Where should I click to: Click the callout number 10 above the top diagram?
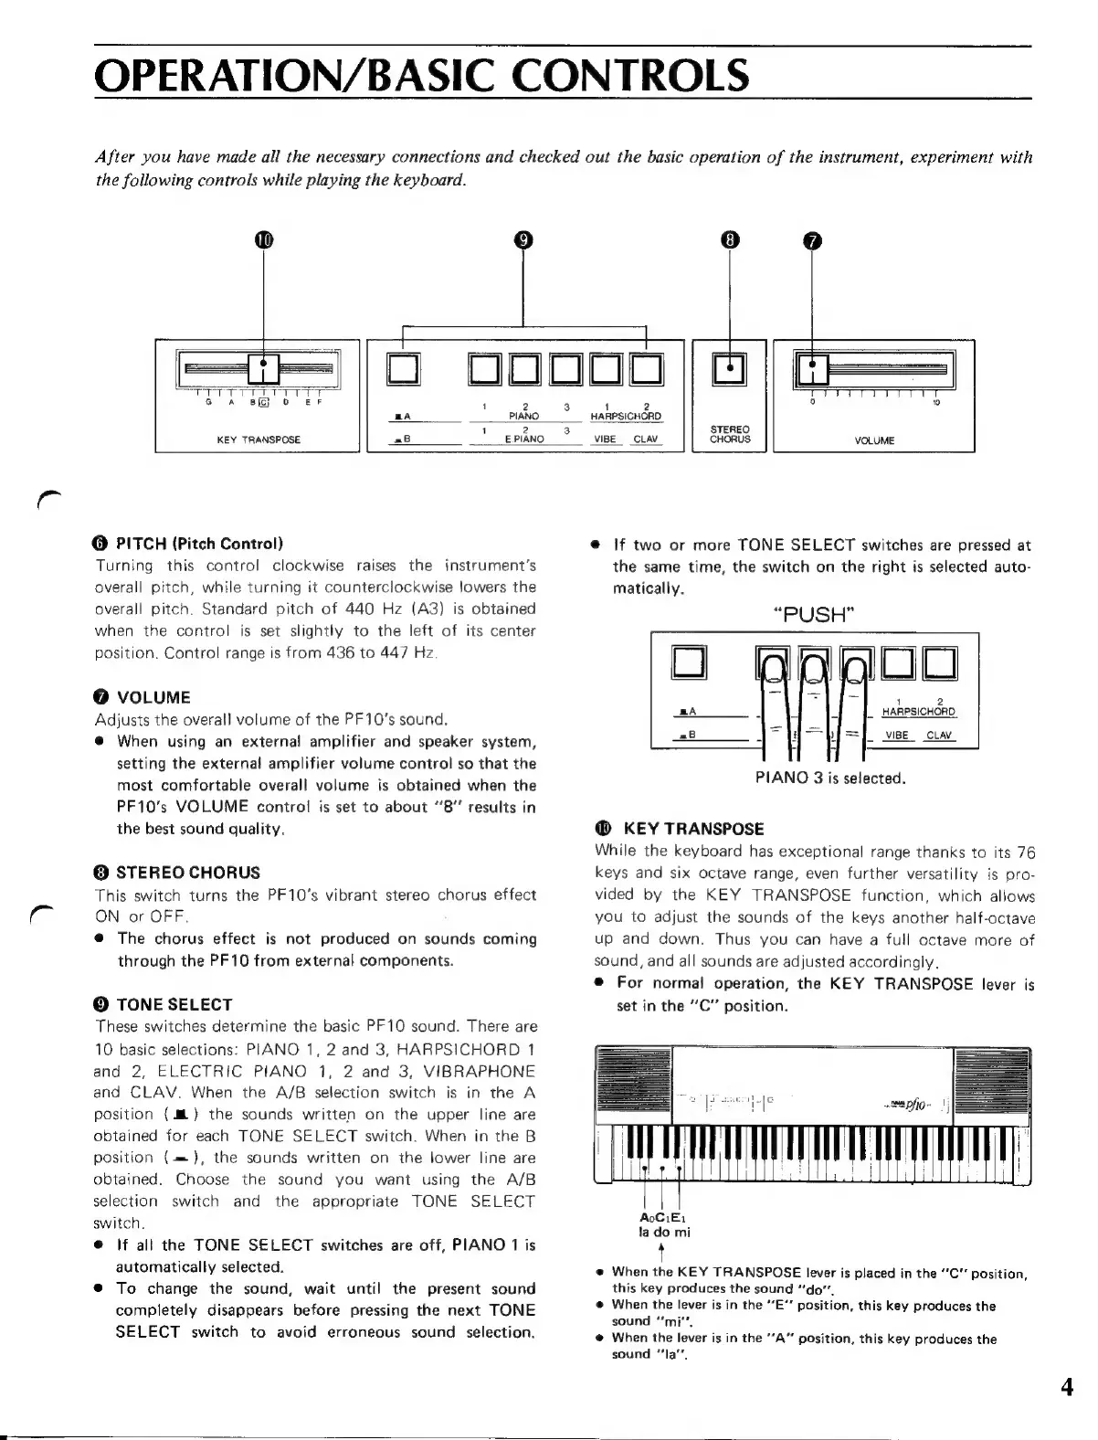[263, 240]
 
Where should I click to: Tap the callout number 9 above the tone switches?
[523, 240]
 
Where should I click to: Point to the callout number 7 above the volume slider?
[811, 240]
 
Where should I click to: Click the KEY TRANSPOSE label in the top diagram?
[259, 439]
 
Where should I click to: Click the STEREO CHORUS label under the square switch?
[730, 434]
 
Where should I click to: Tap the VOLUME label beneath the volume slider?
[874, 440]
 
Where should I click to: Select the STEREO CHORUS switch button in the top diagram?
[730, 368]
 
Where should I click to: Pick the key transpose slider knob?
[264, 368]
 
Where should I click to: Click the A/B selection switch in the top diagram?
[403, 368]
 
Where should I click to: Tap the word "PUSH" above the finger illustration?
[814, 613]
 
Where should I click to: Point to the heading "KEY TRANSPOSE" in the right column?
[692, 829]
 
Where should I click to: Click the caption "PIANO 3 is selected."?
[829, 778]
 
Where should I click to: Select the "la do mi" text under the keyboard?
[664, 1231]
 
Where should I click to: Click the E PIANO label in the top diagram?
[524, 439]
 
